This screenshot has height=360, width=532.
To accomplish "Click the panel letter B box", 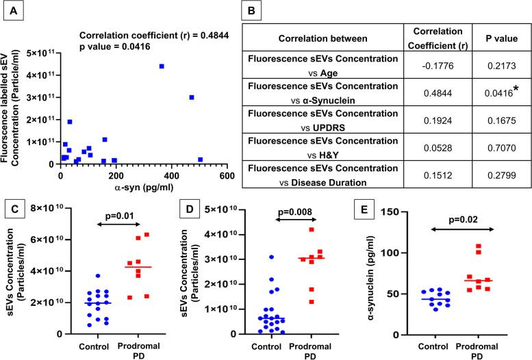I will click(x=290, y=10).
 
